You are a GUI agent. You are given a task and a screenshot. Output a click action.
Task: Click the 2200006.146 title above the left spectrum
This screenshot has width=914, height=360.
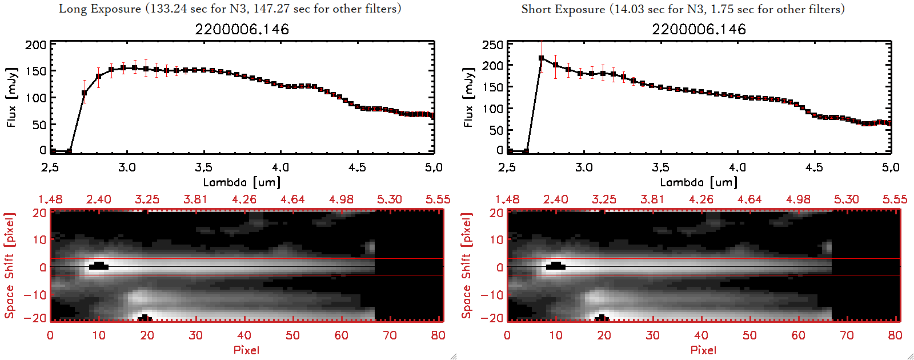[x=242, y=29]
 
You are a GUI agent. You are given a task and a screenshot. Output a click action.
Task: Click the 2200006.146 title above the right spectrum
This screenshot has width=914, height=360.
[x=699, y=29]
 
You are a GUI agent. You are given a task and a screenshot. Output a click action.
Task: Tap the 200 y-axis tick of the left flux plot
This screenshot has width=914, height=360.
[x=36, y=45]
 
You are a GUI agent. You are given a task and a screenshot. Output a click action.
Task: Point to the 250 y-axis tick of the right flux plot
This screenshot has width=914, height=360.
[x=492, y=45]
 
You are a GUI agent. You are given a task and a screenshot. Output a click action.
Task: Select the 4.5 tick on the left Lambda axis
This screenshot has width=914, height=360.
[x=357, y=167]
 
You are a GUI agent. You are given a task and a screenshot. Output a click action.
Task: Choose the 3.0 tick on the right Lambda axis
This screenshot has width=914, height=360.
[x=584, y=167]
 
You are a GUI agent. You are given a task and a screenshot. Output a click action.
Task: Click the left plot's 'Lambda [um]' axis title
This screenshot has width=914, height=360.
[x=242, y=182]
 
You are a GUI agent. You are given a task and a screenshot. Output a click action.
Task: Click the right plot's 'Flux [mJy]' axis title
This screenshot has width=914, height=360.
[x=468, y=98]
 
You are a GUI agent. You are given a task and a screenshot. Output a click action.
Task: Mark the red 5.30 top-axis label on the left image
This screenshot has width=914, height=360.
[x=389, y=199]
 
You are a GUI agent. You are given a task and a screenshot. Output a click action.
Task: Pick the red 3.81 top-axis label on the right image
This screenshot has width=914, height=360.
[x=652, y=199]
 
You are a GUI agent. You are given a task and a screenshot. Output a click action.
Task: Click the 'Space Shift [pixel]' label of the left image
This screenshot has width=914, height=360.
[x=9, y=266]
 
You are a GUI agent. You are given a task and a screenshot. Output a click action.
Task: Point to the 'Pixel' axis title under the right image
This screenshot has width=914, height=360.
[x=703, y=350]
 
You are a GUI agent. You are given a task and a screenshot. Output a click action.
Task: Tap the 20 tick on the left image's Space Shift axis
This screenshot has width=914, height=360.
[x=39, y=213]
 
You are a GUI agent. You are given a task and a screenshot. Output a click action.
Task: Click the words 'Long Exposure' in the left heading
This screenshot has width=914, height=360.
[x=100, y=9]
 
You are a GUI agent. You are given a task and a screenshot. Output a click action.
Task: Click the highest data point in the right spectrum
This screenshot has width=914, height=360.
[x=542, y=58]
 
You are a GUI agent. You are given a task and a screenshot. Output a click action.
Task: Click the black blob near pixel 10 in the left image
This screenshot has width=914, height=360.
[x=99, y=266]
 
